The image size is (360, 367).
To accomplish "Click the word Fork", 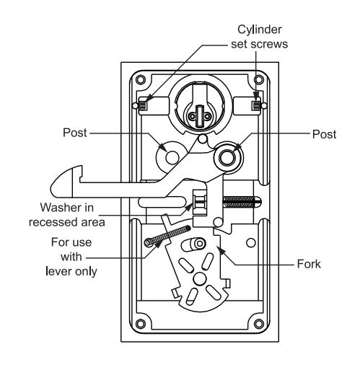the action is pos(309,264).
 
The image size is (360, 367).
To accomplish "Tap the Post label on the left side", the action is pos(75,133).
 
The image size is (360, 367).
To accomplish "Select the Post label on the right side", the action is pos(324,134).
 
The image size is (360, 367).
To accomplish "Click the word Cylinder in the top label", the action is pos(260,30).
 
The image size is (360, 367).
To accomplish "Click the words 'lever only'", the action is pos(71,271).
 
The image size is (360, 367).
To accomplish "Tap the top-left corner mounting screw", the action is pos(140,79).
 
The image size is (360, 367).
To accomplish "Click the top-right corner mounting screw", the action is pos(259,79).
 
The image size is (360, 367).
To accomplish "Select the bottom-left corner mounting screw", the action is pos(140,324).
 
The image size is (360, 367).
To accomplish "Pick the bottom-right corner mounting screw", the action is pos(259,324).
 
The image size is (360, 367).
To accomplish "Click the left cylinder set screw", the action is pos(143,105).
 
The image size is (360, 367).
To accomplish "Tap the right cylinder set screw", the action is pos(256,105).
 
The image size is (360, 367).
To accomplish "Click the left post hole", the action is pos(172,157).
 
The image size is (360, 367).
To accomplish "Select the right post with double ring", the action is pos(227,157).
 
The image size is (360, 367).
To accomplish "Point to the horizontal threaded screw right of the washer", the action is pos(242,202).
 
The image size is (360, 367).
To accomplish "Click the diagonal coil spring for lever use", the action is pos(167,236).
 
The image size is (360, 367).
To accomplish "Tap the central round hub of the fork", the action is pos(200,278).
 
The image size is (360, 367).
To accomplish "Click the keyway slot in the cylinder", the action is pos(199,116).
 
